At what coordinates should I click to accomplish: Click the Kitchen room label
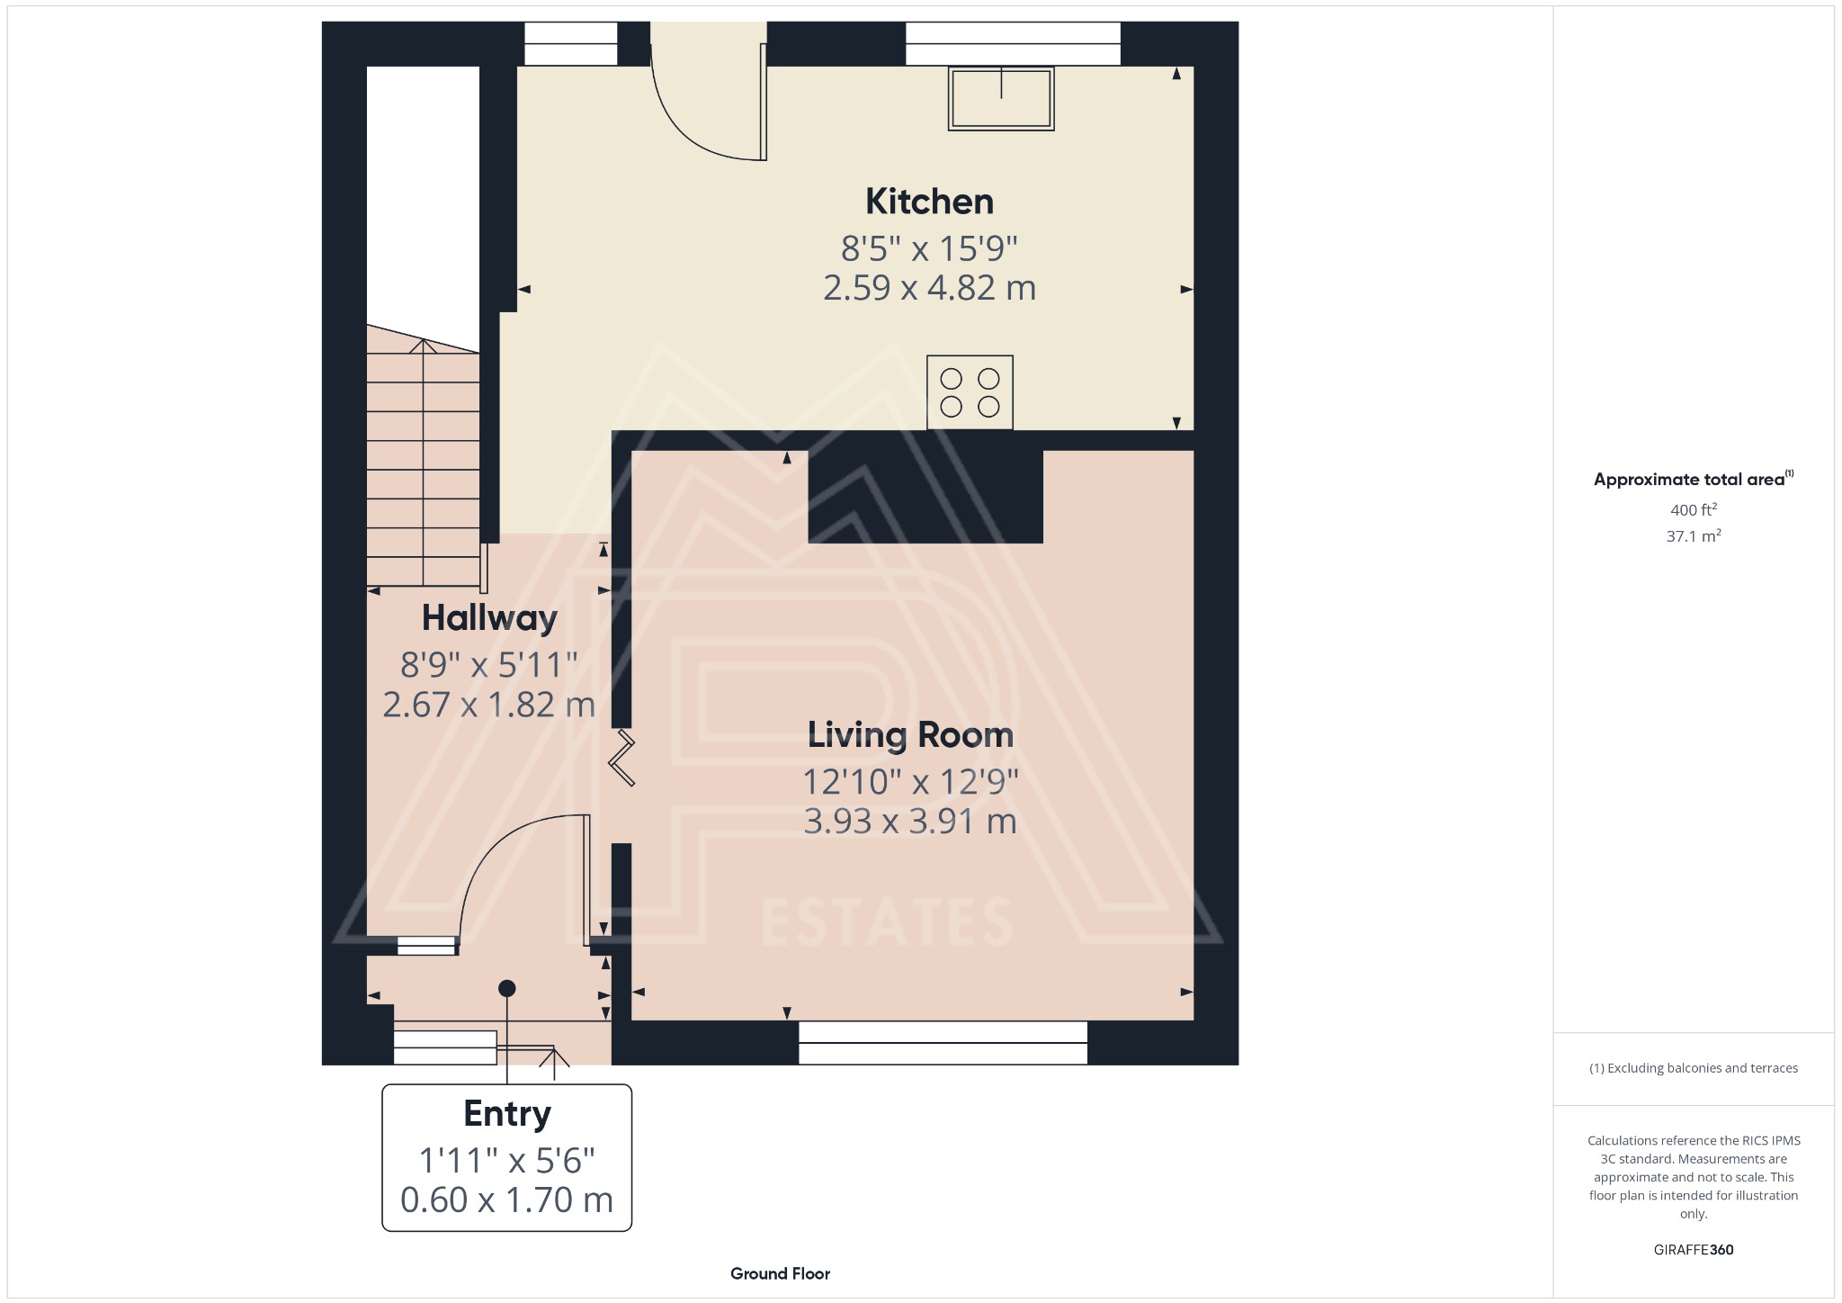pyautogui.click(x=929, y=202)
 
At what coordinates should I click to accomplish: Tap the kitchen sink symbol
pyautogui.click(x=1000, y=98)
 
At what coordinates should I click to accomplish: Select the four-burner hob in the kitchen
pyautogui.click(x=970, y=392)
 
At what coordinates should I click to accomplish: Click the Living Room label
pyautogui.click(x=910, y=735)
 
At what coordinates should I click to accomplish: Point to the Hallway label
pyautogui.click(x=489, y=618)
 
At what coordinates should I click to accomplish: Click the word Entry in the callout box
pyautogui.click(x=506, y=1114)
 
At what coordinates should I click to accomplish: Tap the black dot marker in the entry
pyautogui.click(x=506, y=988)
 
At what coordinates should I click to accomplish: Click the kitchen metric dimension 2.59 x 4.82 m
pyautogui.click(x=929, y=288)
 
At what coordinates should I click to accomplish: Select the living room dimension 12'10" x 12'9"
pyautogui.click(x=910, y=782)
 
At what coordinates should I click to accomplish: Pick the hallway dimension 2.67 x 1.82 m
pyautogui.click(x=489, y=705)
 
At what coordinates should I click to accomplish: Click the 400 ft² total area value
pyautogui.click(x=1693, y=509)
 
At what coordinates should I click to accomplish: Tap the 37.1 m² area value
pyautogui.click(x=1693, y=536)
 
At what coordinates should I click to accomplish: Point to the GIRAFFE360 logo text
pyautogui.click(x=1693, y=1249)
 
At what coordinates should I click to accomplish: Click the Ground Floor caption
pyautogui.click(x=780, y=1273)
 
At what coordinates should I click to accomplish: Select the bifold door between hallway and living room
pyautogui.click(x=622, y=759)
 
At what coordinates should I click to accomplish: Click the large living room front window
pyautogui.click(x=943, y=1043)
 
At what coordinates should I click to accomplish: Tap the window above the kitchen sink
pyautogui.click(x=1012, y=43)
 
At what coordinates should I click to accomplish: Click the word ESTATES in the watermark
pyautogui.click(x=887, y=923)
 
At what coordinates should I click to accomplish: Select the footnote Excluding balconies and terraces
pyautogui.click(x=1693, y=1068)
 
